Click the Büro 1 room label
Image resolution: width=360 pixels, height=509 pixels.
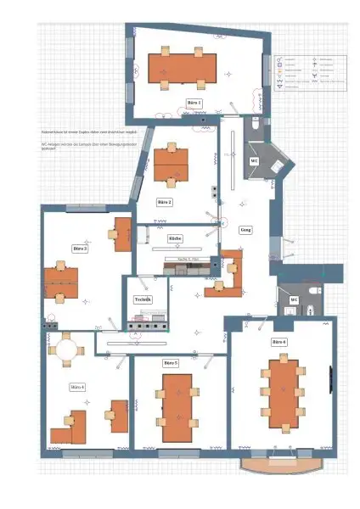pyautogui.click(x=194, y=102)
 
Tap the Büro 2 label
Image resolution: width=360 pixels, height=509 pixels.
pyautogui.click(x=165, y=202)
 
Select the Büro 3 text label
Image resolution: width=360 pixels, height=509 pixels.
pyautogui.click(x=81, y=249)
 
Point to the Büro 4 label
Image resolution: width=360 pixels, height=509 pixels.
pyautogui.click(x=77, y=387)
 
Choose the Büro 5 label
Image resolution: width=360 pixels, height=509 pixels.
pyautogui.click(x=171, y=362)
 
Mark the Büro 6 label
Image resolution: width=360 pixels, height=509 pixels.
pyautogui.click(x=278, y=341)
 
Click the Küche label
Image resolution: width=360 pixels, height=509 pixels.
pyautogui.click(x=175, y=238)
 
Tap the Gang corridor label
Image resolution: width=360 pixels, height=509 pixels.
pyautogui.click(x=246, y=230)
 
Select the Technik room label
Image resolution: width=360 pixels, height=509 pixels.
pyautogui.click(x=143, y=299)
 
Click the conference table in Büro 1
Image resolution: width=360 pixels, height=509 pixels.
pyautogui.click(x=183, y=68)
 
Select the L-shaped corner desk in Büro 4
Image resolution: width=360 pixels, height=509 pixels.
pyautogui.click(x=70, y=427)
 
